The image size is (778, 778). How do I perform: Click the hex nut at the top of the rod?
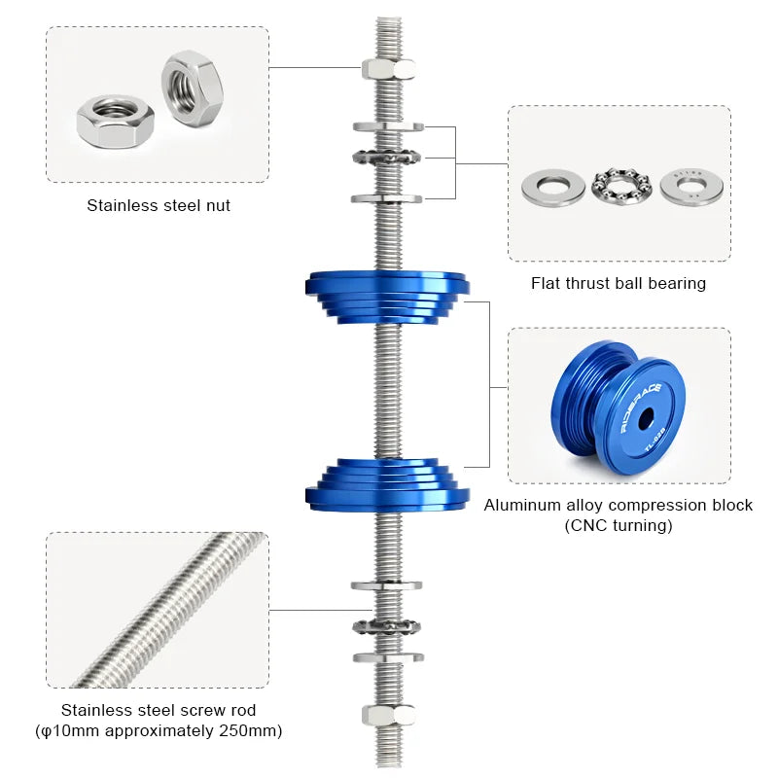click(388, 68)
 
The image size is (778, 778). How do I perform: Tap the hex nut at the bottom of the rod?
click(388, 715)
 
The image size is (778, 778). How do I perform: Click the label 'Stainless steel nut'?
click(159, 206)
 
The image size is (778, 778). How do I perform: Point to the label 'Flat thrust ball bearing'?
click(619, 284)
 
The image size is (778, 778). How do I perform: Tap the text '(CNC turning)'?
click(619, 526)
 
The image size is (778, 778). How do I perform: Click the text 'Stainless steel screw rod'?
click(159, 710)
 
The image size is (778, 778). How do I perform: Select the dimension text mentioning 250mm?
click(159, 730)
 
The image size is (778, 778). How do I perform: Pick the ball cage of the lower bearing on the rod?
click(388, 624)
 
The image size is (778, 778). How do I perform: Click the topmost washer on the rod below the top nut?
click(388, 126)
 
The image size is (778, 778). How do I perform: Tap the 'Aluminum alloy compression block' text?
click(619, 506)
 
